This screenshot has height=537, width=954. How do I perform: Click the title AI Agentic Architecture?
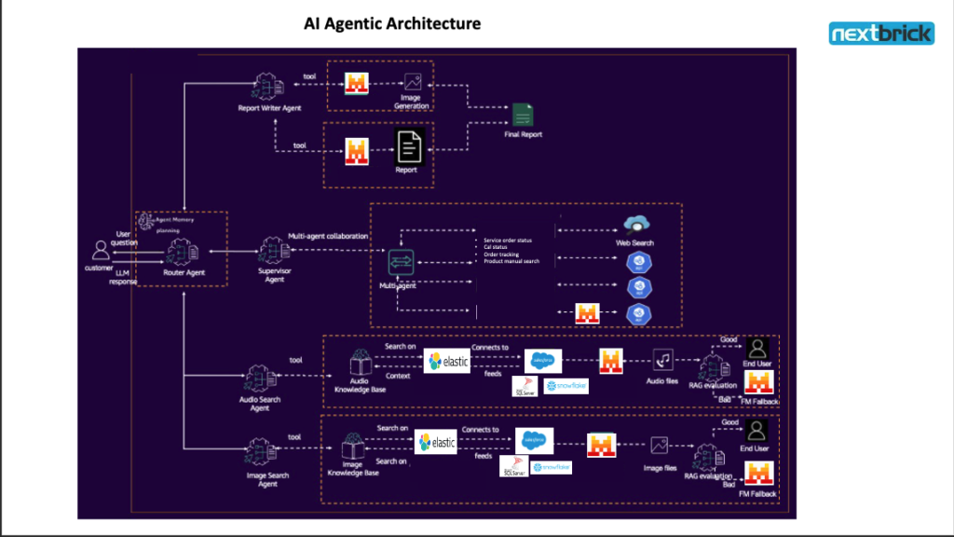point(392,23)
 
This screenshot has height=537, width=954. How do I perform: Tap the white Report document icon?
point(408,146)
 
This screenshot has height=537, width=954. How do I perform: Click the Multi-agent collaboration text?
point(327,237)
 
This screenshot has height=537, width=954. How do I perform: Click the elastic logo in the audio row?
point(447,361)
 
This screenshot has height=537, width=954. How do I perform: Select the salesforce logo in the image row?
point(534,440)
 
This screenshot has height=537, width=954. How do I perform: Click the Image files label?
point(660,468)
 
